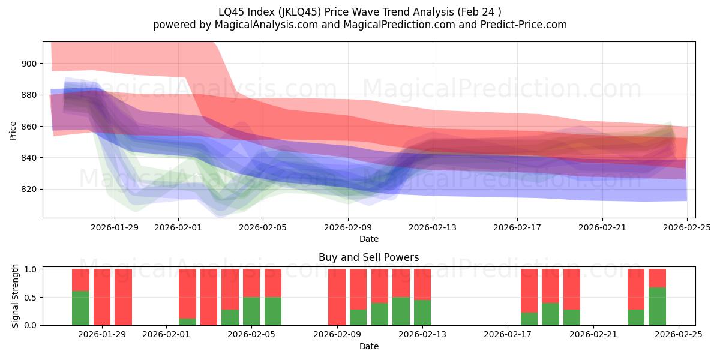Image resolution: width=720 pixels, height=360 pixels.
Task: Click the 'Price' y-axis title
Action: pyautogui.click(x=13, y=130)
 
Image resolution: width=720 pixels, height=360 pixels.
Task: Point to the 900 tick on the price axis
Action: pyautogui.click(x=29, y=64)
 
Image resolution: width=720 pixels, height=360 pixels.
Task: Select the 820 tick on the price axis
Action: pyautogui.click(x=29, y=189)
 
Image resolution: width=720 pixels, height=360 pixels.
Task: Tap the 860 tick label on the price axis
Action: pyautogui.click(x=29, y=127)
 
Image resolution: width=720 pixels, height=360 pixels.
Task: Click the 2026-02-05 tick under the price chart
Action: pyautogui.click(x=263, y=228)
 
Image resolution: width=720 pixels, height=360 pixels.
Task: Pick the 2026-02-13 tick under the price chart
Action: pyautogui.click(x=433, y=228)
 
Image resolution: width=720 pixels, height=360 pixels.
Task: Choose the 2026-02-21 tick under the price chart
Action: pyautogui.click(x=602, y=228)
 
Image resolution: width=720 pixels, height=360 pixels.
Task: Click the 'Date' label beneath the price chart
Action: pyautogui.click(x=369, y=239)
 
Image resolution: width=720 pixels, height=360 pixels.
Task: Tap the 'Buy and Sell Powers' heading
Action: pyautogui.click(x=369, y=258)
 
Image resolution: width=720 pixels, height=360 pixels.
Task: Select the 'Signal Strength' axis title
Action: pyautogui.click(x=16, y=296)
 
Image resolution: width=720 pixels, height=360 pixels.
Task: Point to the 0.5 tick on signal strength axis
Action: pyautogui.click(x=31, y=297)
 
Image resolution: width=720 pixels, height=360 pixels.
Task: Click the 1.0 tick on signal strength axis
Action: pyautogui.click(x=31, y=269)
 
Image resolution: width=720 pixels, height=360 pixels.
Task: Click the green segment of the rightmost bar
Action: pyautogui.click(x=657, y=306)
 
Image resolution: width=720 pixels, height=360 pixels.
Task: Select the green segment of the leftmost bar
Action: pyautogui.click(x=80, y=308)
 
